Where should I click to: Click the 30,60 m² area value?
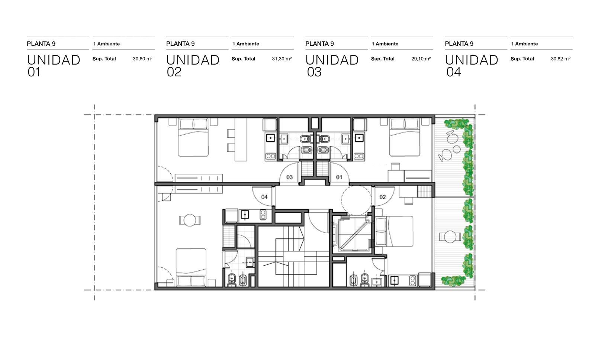tap(142, 59)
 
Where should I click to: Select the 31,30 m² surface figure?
tap(282, 59)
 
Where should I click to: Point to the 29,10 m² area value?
tap(421, 59)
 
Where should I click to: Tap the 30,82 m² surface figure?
tap(560, 59)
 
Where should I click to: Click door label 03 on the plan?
tap(289, 177)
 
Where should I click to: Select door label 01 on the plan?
tap(339, 177)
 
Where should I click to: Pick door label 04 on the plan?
tap(264, 197)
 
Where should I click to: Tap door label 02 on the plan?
tap(383, 197)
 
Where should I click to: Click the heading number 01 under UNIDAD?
tap(34, 72)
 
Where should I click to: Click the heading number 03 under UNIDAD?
tap(314, 72)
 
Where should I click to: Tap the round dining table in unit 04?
tap(190, 220)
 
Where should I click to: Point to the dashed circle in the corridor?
tap(356, 200)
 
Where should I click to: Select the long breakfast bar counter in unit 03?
tap(241, 139)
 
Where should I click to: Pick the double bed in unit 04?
tap(191, 267)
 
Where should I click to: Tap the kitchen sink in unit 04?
tap(245, 215)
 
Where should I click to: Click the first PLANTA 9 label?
tap(41, 44)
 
